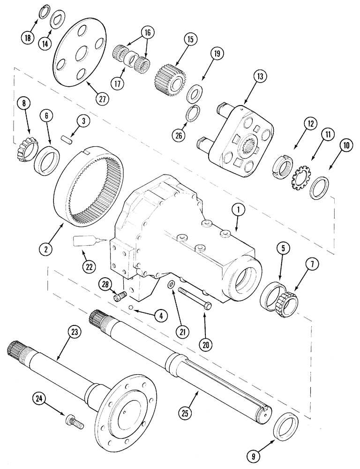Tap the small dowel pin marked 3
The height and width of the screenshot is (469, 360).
[68, 139]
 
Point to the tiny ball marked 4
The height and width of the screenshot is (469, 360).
[132, 308]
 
